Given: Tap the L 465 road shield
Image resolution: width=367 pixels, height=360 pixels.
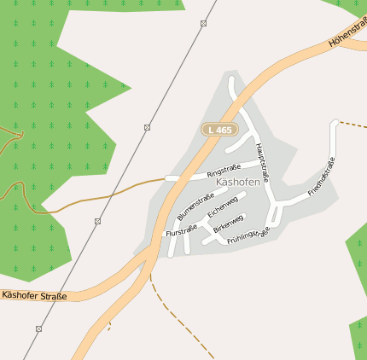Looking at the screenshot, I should (219, 130).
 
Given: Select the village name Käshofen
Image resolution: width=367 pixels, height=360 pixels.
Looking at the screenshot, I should (238, 183).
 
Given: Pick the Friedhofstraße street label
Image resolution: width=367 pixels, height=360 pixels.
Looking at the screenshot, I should (322, 177).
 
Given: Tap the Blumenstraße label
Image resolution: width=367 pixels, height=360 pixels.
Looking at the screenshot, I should (195, 207).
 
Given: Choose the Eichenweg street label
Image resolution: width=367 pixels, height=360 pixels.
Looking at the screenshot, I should (222, 207).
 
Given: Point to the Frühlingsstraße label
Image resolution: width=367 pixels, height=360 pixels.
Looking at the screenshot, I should (249, 236).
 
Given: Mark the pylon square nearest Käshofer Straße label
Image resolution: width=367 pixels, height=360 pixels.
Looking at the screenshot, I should (38, 328).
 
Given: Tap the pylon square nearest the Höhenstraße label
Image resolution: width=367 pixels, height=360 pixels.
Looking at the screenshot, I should (203, 23).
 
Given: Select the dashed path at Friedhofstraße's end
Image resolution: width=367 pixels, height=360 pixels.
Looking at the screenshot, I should (353, 125).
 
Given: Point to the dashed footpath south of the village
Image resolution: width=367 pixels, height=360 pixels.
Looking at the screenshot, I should (175, 315).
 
